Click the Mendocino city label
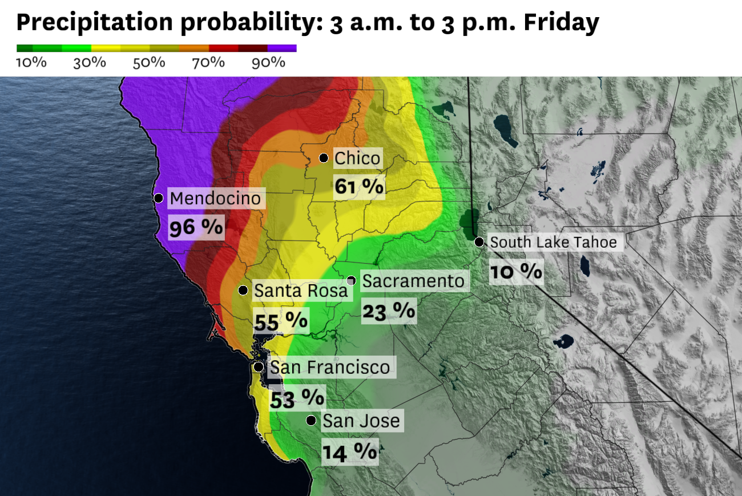point(216,199)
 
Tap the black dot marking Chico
point(324,158)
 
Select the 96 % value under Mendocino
point(196,227)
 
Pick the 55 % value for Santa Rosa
point(281,321)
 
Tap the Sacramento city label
point(413,281)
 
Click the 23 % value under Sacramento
point(389,310)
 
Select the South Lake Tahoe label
point(553,242)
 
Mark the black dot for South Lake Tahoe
point(479,242)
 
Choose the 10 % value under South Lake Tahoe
point(515,271)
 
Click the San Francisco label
point(329,366)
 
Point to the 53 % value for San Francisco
point(297,397)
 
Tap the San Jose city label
point(361,421)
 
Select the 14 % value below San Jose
point(350,451)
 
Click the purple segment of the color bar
point(282,49)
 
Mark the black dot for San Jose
point(311,421)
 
